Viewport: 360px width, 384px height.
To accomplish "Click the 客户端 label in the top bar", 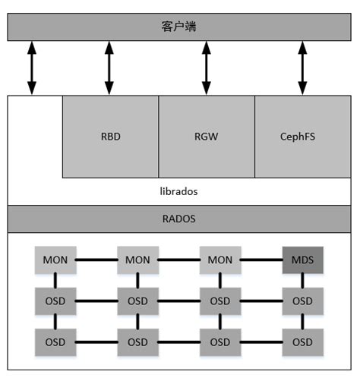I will tap(179, 27).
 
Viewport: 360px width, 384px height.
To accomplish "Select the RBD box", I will tap(110, 137).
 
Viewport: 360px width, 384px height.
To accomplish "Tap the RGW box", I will tap(206, 137).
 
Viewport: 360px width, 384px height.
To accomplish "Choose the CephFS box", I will tap(302, 137).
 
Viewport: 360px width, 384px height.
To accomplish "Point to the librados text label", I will tap(179, 191).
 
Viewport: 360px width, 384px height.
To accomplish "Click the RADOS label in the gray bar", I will tap(179, 219).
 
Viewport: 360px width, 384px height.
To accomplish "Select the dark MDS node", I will tap(302, 260).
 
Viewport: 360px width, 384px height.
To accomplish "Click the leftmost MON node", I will tap(55, 260).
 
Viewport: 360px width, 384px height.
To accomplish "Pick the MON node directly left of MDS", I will tap(220, 260).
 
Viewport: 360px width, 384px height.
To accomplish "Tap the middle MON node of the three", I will tap(137, 260).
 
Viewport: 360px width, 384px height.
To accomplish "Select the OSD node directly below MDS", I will tap(302, 301).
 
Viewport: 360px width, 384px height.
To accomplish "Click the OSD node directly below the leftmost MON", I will tap(55, 301).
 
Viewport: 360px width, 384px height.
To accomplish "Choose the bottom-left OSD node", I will tap(55, 342).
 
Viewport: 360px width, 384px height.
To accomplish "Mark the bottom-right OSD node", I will tap(302, 342).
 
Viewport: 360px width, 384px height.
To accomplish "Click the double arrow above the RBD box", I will tap(109, 68).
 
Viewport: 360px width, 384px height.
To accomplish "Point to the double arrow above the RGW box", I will tap(206, 68).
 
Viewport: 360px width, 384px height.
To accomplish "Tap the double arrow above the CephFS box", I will tap(302, 68).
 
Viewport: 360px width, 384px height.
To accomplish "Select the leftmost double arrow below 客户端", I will tap(32, 68).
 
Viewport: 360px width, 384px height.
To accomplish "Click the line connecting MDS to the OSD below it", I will tap(302, 281).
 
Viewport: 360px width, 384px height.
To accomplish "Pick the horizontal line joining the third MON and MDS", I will tap(261, 260).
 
